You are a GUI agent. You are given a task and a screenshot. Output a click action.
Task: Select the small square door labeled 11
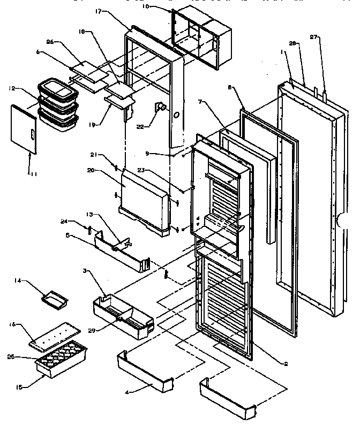pos(24,129)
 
